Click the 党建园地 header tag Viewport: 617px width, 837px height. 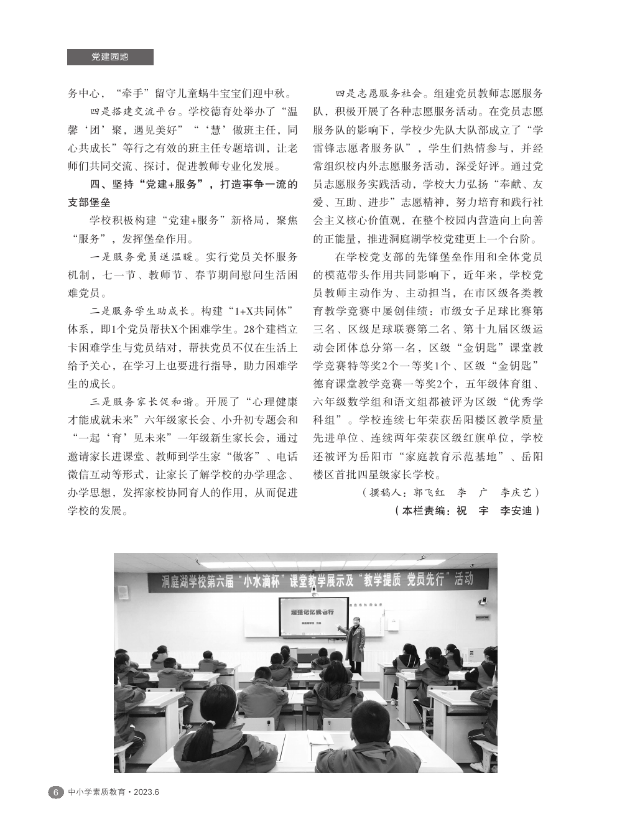109,57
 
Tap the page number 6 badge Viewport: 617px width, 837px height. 55,792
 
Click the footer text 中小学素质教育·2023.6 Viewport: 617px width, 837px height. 114,792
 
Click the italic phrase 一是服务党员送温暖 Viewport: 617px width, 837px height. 142,257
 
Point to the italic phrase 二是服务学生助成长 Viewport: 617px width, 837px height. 142,310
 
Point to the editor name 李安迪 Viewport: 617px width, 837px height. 517,511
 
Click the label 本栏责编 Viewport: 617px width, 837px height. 425,511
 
